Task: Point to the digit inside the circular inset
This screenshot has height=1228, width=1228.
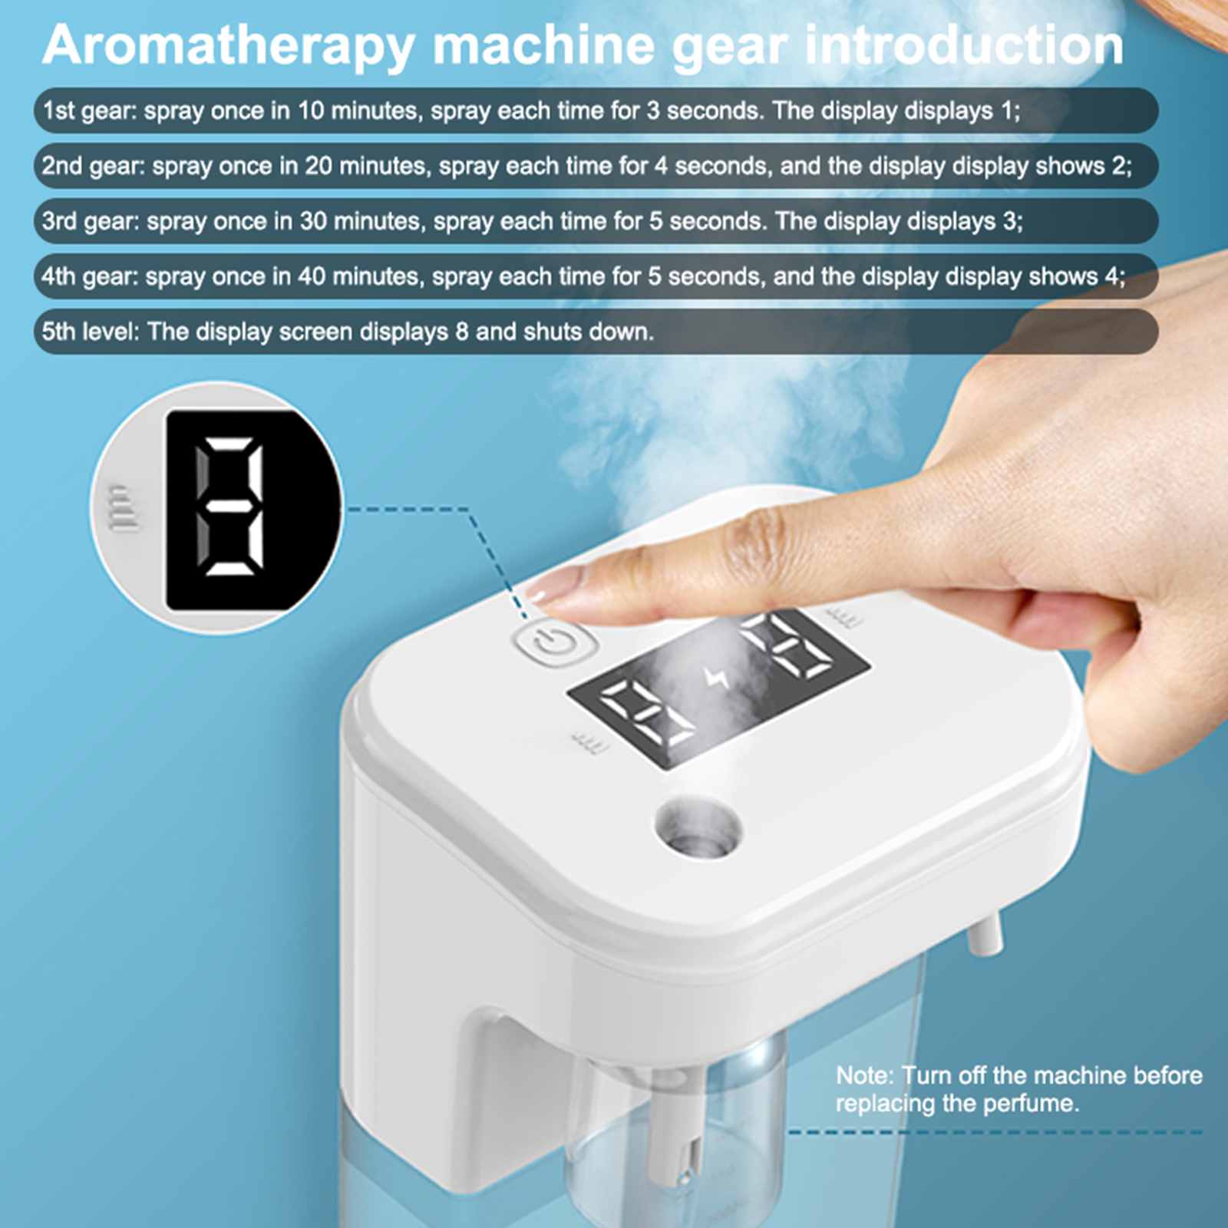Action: coord(229,507)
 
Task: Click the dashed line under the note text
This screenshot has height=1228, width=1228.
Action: coord(995,1132)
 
